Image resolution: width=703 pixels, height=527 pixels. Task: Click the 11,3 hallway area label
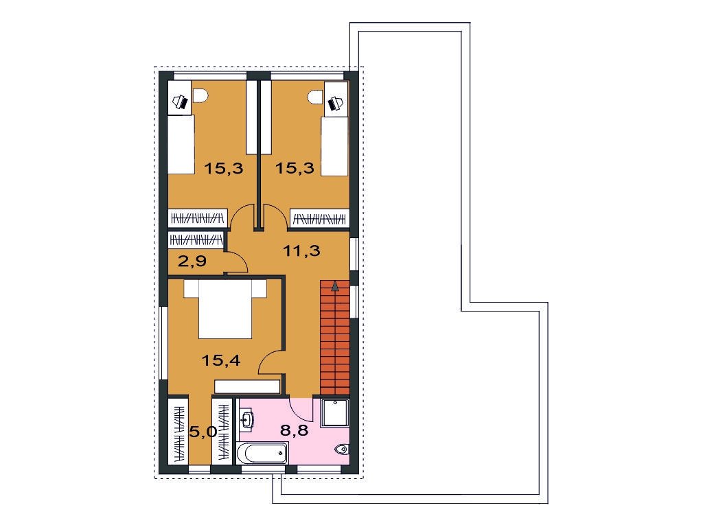pyautogui.click(x=301, y=250)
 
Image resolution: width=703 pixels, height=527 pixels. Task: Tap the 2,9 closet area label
pyautogui.click(x=192, y=260)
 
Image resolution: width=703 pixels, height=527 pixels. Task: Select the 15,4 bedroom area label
pyautogui.click(x=221, y=360)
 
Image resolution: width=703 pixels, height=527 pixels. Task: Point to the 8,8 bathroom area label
pyautogui.click(x=294, y=430)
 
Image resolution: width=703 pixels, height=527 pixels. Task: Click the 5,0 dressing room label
pyautogui.click(x=203, y=432)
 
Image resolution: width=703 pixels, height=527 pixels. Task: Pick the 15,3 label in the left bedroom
pyautogui.click(x=224, y=169)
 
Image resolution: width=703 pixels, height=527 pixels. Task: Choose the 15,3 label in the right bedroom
pyautogui.click(x=295, y=169)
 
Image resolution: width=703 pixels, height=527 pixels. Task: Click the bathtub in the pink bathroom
pyautogui.click(x=262, y=453)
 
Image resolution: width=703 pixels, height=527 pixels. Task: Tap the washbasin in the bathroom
pyautogui.click(x=246, y=419)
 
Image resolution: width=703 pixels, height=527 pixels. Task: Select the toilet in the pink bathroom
pyautogui.click(x=343, y=449)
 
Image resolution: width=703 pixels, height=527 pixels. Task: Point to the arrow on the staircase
pyautogui.click(x=334, y=285)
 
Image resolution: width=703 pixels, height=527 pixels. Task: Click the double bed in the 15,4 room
pyautogui.click(x=225, y=309)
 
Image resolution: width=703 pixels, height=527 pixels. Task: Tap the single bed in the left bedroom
pyautogui.click(x=181, y=144)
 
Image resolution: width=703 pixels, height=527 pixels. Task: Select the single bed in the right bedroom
pyautogui.click(x=335, y=146)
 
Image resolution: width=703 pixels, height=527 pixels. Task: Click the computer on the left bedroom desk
pyautogui.click(x=181, y=102)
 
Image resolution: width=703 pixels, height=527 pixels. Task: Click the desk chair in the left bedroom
pyautogui.click(x=200, y=95)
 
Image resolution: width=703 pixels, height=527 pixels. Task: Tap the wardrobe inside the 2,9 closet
pyautogui.click(x=196, y=239)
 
